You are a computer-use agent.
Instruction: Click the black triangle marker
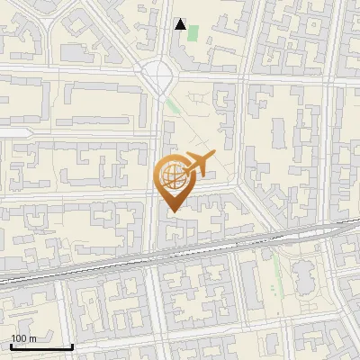(182, 25)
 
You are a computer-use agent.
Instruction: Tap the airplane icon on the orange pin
(195, 165)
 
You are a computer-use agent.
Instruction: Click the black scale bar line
(40, 347)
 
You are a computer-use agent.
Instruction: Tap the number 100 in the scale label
(17, 338)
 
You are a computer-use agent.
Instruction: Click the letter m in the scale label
(31, 338)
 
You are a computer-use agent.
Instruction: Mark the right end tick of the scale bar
(71, 346)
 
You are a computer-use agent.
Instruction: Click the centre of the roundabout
(158, 73)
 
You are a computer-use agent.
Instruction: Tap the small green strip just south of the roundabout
(172, 107)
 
